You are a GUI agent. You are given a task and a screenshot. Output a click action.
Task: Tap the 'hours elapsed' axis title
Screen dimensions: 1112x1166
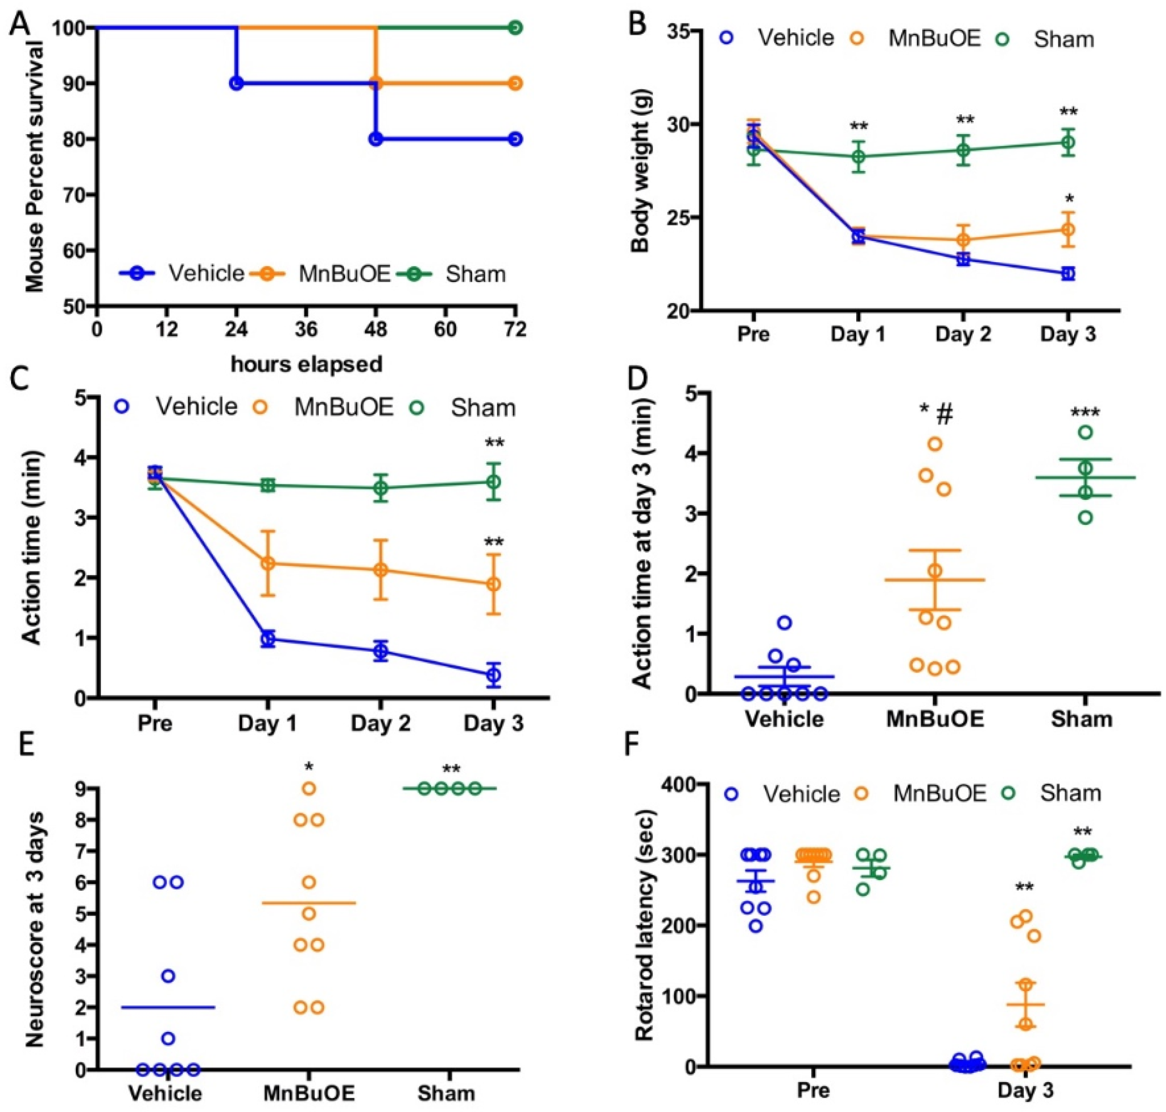tap(306, 363)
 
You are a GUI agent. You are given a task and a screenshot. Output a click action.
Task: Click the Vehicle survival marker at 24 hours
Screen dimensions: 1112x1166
tap(237, 83)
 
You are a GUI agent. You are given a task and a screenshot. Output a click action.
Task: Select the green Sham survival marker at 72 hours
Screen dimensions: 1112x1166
tap(515, 28)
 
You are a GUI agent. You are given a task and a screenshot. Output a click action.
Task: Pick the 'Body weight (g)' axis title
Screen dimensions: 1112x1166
tap(641, 171)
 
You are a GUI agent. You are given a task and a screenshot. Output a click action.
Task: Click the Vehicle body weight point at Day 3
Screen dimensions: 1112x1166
tap(1068, 273)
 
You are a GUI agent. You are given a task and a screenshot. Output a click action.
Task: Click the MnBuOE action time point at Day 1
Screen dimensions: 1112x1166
tap(268, 563)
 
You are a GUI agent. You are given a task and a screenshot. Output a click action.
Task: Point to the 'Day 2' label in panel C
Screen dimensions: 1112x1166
tap(380, 724)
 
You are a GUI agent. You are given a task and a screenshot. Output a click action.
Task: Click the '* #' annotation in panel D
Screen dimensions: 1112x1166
tap(935, 415)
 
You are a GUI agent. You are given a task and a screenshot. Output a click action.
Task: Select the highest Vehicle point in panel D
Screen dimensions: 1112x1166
tap(784, 622)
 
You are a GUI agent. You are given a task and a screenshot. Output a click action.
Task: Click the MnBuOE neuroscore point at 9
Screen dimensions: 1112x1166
tap(309, 788)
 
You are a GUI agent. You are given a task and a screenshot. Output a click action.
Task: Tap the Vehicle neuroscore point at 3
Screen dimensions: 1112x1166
tap(168, 976)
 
